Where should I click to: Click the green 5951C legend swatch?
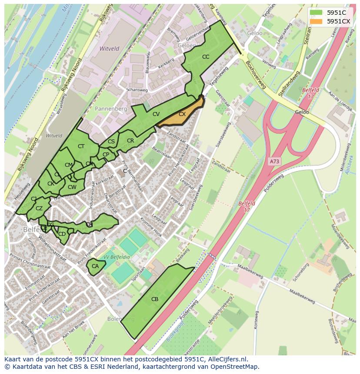pyautogui.click(x=316, y=13)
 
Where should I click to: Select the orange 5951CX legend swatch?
pyautogui.click(x=316, y=21)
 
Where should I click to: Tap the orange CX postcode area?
pyautogui.click(x=182, y=114)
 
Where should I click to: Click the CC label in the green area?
pyautogui.click(x=206, y=57)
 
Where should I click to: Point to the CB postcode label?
pyautogui.click(x=155, y=299)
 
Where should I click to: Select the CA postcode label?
pyautogui.click(x=95, y=266)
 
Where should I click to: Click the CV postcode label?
pyautogui.click(x=156, y=114)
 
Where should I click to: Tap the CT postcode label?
pyautogui.click(x=81, y=146)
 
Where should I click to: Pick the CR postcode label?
pyautogui.click(x=130, y=141)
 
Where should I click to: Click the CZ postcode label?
pyautogui.click(x=39, y=209)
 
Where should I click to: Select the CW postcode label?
pyautogui.click(x=72, y=187)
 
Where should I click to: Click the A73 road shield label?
pyautogui.click(x=274, y=161)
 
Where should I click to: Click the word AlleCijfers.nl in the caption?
pyautogui.click(x=226, y=359)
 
